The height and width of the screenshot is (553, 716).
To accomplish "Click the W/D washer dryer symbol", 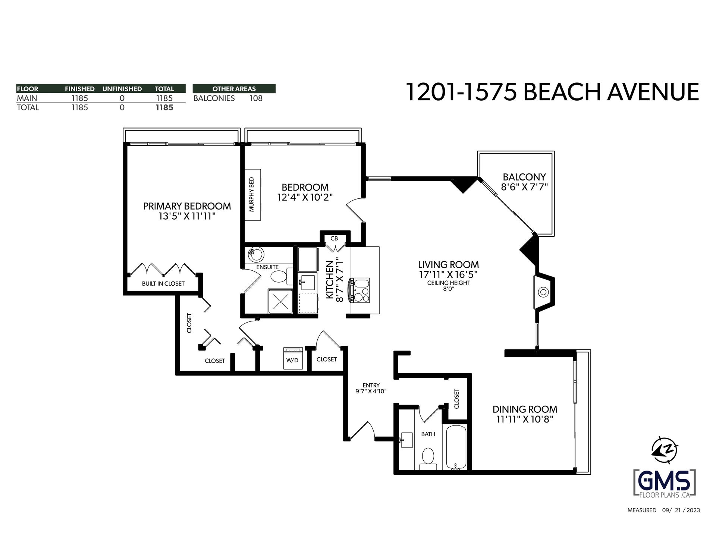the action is click(x=293, y=358).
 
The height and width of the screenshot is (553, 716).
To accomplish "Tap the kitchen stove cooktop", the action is click(x=359, y=290).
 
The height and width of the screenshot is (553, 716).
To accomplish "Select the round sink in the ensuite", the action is click(x=256, y=254).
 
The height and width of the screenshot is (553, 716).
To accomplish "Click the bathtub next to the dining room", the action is click(x=456, y=447).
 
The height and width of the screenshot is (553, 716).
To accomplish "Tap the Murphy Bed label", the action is click(x=251, y=195).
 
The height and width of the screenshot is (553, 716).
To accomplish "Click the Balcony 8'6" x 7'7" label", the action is click(x=524, y=182).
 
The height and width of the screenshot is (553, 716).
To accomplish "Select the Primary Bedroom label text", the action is click(x=187, y=206).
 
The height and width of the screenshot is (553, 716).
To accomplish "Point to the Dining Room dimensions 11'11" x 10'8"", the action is click(x=525, y=419).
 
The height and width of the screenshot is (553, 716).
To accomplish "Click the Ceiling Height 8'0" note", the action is click(x=449, y=286).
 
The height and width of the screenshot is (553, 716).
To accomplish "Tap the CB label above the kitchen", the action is click(x=334, y=238).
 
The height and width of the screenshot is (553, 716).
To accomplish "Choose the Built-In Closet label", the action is click(x=163, y=283).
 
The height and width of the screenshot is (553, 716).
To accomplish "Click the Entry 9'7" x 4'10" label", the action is click(x=371, y=388).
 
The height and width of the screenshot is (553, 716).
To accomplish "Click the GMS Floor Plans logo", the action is click(x=665, y=483).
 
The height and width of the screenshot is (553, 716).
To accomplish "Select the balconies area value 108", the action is click(x=256, y=98).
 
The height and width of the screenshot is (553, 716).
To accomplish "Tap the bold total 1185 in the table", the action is click(x=164, y=107).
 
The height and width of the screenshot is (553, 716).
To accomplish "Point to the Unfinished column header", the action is click(x=122, y=89).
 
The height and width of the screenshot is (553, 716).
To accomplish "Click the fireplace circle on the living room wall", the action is click(x=543, y=292).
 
